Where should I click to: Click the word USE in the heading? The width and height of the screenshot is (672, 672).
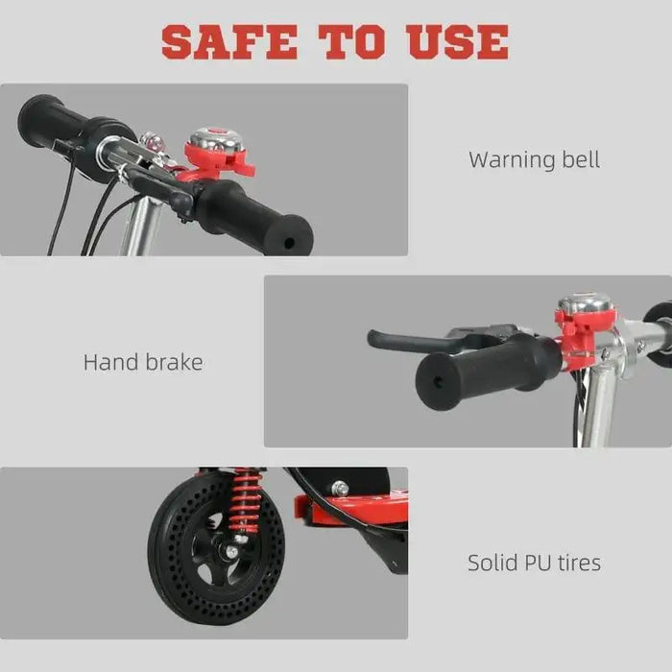pyautogui.click(x=457, y=41)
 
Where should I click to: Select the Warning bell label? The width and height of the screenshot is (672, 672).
pyautogui.click(x=534, y=159)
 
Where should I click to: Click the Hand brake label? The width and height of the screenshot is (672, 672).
pyautogui.click(x=143, y=362)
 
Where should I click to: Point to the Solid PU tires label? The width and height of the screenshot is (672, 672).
pyautogui.click(x=534, y=563)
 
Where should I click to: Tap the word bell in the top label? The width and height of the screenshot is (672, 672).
pyautogui.click(x=579, y=159)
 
